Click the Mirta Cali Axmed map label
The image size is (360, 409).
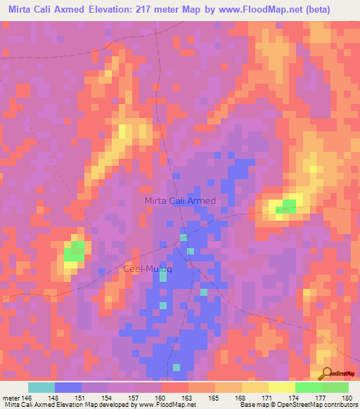point(180,201)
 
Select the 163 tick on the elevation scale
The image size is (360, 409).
point(188,398)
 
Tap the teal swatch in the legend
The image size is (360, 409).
point(41,387)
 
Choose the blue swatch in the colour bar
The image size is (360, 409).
point(68,387)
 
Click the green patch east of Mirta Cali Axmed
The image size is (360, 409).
point(285,206)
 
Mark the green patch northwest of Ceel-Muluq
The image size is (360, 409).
point(74,251)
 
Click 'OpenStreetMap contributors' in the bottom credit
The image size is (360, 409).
point(312,405)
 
